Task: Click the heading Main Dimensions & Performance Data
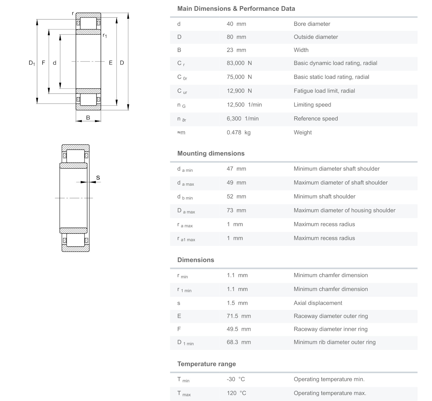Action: click(x=236, y=9)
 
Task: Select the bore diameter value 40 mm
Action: click(x=236, y=24)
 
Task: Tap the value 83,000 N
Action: click(x=239, y=63)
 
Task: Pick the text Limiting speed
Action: click(x=312, y=105)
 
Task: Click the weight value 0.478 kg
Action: click(x=238, y=133)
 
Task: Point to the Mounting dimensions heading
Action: click(x=211, y=153)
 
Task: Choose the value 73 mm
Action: click(x=236, y=210)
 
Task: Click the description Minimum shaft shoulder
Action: click(x=324, y=196)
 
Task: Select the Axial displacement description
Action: click(x=318, y=303)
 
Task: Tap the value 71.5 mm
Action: click(x=238, y=316)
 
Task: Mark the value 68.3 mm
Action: click(x=238, y=342)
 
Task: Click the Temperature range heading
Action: click(x=206, y=364)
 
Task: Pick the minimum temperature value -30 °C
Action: click(x=235, y=379)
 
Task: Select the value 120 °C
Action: click(x=236, y=393)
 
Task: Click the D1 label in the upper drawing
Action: click(x=32, y=63)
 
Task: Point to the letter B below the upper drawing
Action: click(x=88, y=118)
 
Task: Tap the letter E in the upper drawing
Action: click(x=111, y=63)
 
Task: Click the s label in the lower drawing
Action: click(x=98, y=178)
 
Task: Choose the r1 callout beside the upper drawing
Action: click(x=105, y=35)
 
